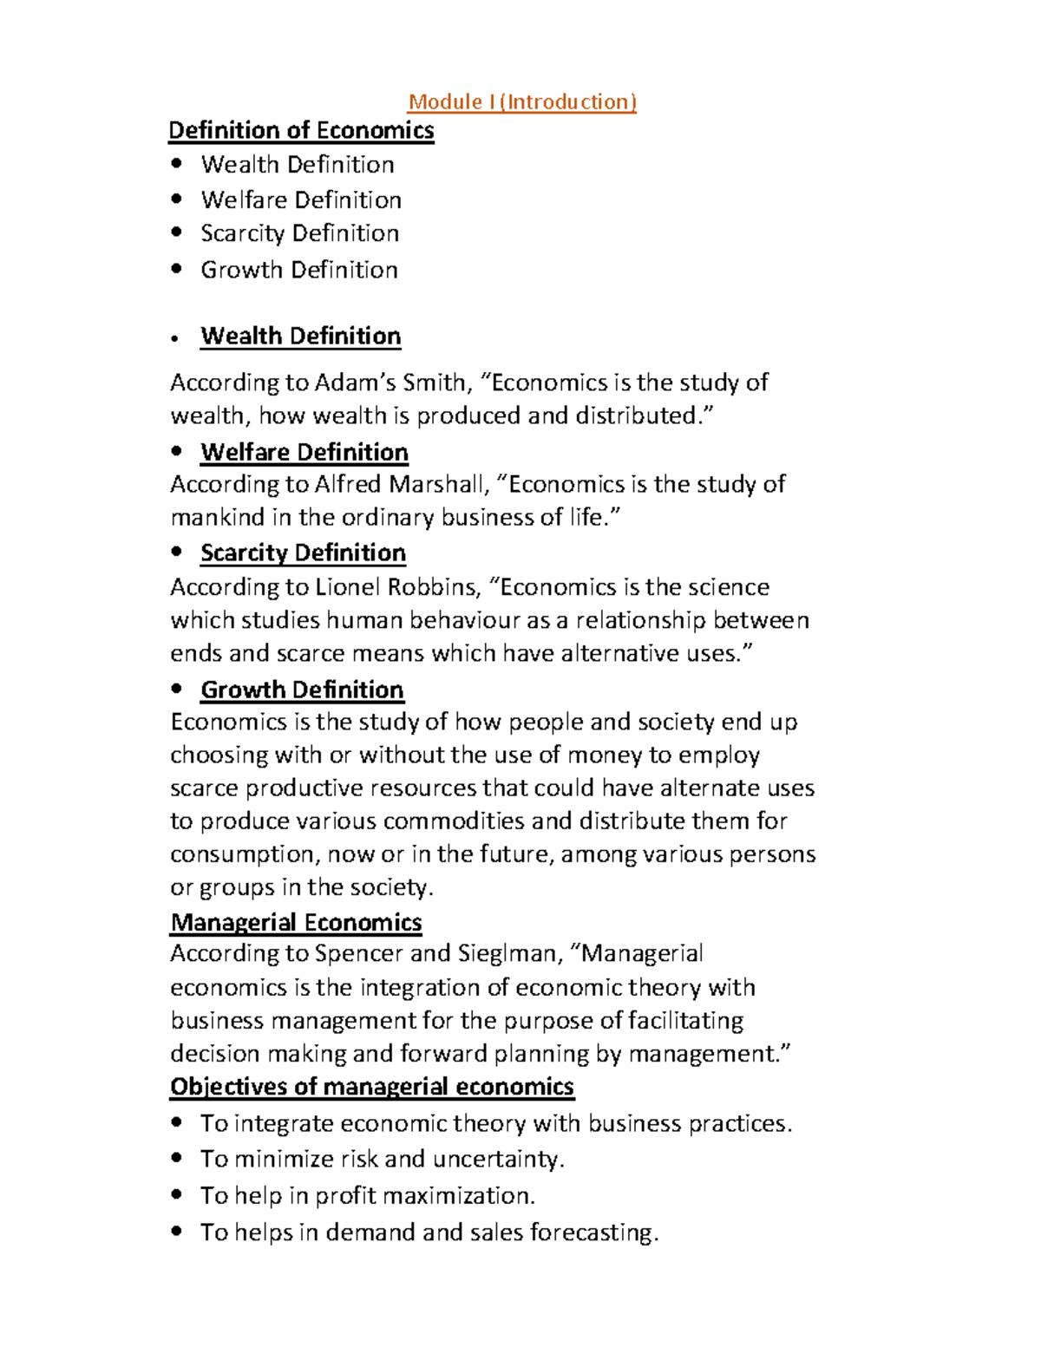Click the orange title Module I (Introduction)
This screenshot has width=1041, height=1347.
tap(522, 101)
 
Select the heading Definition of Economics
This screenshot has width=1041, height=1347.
tap(301, 130)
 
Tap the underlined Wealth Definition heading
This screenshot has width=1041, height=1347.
tap(300, 336)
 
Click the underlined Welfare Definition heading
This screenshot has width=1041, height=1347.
tap(304, 452)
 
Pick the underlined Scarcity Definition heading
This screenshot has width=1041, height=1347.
tap(303, 553)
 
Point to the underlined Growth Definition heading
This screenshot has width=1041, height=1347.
tap(302, 690)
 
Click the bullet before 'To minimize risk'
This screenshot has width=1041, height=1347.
tap(177, 1157)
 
